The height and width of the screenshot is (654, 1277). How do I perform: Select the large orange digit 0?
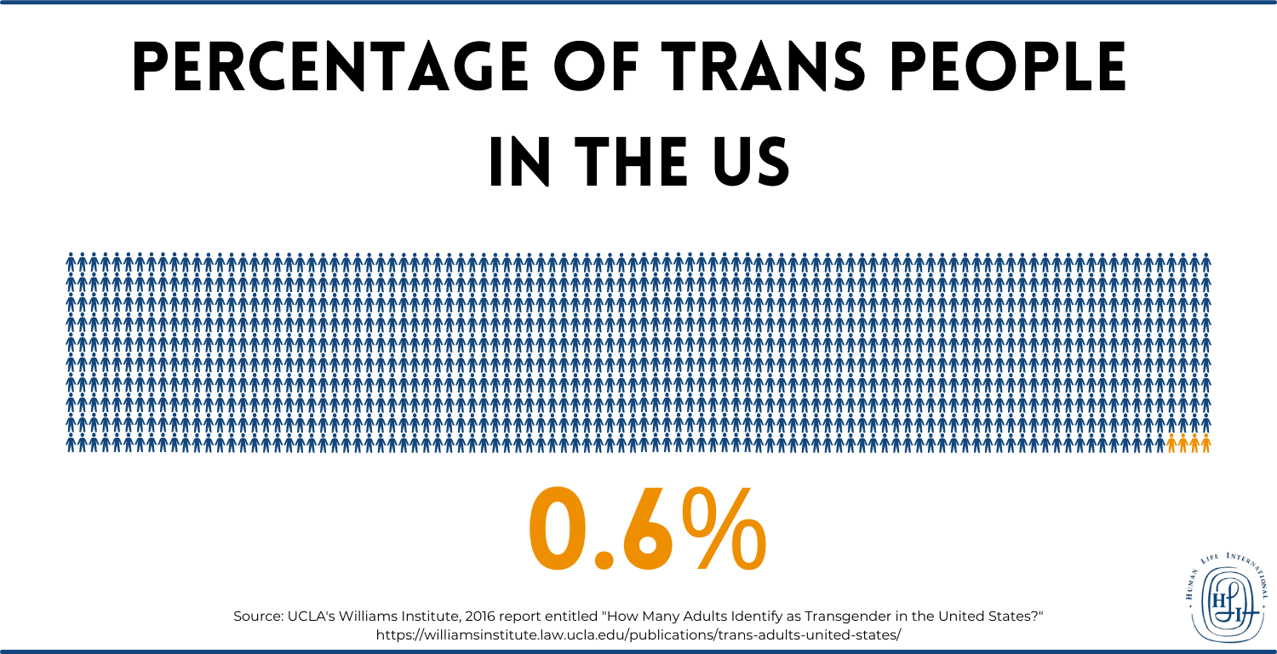pos(558,531)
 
